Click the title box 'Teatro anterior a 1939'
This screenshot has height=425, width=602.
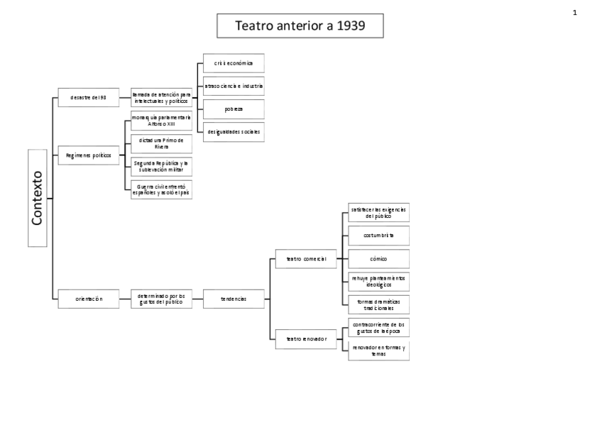(x=300, y=26)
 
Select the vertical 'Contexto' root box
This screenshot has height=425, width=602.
(x=38, y=197)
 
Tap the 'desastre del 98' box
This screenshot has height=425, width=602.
(x=89, y=97)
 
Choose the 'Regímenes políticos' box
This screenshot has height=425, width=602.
(x=89, y=155)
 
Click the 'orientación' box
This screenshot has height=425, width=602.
(x=89, y=299)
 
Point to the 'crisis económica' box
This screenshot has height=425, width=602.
(x=234, y=62)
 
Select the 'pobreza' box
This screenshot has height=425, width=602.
(x=234, y=109)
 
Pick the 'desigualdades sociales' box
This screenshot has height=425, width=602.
(x=234, y=131)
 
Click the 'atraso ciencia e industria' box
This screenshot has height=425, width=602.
(x=234, y=86)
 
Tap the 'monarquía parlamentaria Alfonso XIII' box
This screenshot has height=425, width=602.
(x=161, y=121)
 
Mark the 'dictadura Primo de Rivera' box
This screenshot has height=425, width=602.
(x=161, y=143)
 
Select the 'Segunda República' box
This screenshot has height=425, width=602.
(x=161, y=167)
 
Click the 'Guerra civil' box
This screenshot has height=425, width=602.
(x=161, y=189)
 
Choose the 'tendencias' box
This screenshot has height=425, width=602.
(x=234, y=299)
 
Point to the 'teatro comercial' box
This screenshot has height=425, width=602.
(x=306, y=259)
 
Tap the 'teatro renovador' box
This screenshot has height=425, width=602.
(x=306, y=338)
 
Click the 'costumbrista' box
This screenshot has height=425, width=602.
(x=378, y=235)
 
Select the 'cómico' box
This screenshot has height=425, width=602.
(x=378, y=258)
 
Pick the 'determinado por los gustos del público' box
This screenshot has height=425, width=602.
(x=161, y=299)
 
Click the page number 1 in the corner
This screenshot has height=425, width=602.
(x=575, y=12)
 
